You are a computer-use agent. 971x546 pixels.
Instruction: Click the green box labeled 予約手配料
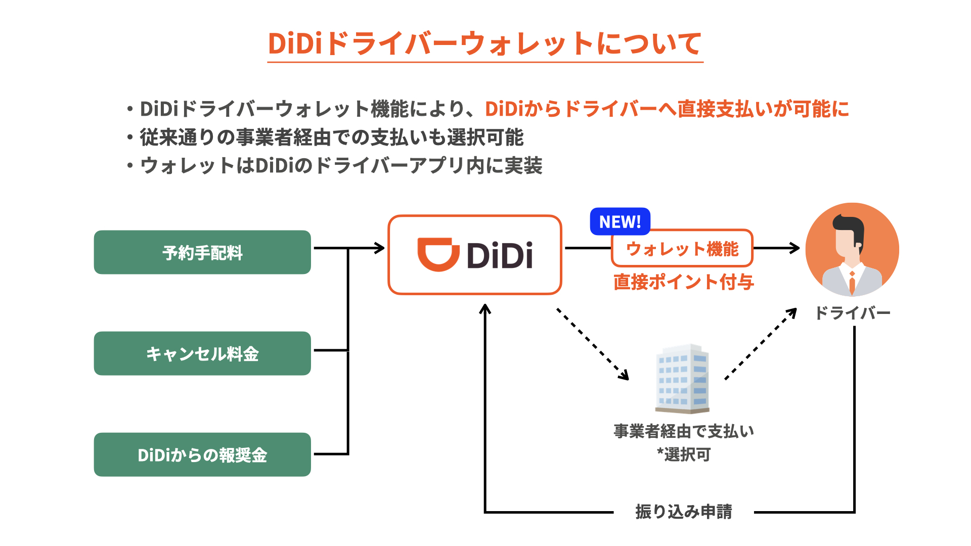coord(202,252)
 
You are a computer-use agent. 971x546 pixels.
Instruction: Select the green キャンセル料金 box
coord(202,353)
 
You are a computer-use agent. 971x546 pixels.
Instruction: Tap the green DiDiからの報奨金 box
coord(202,454)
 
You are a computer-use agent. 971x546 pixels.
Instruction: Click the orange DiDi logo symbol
coord(438,254)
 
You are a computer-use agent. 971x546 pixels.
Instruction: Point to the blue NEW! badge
coord(620,221)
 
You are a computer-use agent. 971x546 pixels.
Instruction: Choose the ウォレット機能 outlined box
coord(682,248)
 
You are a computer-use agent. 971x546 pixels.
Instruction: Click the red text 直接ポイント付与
coord(684,282)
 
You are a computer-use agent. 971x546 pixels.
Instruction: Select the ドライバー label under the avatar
coord(853,313)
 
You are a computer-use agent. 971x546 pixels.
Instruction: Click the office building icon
coord(683,379)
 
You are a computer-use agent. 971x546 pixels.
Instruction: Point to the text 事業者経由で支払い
coord(684,431)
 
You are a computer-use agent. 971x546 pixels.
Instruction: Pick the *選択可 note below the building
coord(684,454)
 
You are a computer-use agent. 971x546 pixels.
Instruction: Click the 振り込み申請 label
coord(684,512)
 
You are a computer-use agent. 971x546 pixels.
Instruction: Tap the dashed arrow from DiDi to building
coord(593,344)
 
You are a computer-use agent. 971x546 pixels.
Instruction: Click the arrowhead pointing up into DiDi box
coord(485,308)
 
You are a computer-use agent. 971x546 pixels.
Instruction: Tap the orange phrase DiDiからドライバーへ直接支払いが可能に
coord(667,109)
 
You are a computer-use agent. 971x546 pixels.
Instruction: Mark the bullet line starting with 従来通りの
coord(326,137)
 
